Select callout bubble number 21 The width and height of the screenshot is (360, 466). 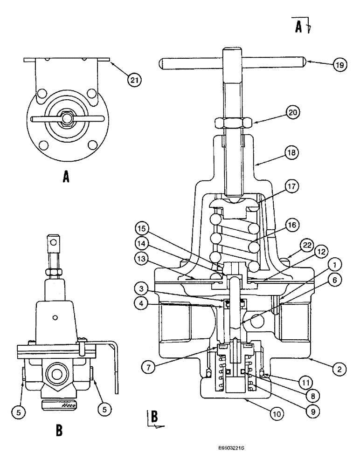(134, 80)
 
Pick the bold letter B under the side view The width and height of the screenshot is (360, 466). (59, 431)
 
